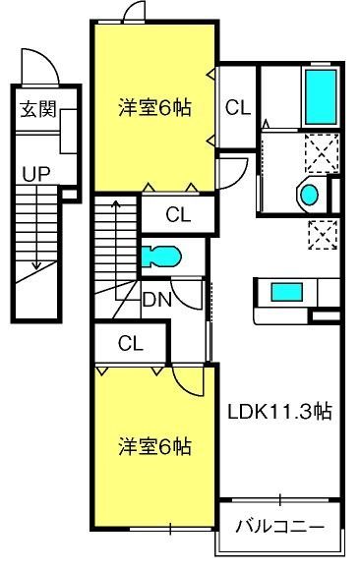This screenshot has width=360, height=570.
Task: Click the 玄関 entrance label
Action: point(38,109)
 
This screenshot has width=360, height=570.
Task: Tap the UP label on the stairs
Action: point(36,174)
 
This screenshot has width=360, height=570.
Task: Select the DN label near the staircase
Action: point(157,300)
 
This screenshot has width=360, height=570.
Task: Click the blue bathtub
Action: point(321,96)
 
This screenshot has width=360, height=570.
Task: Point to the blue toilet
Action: point(161,256)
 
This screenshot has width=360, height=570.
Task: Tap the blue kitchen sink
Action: point(286,292)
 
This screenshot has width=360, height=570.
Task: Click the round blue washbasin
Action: point(310,195)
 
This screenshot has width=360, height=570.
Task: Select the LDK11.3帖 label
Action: point(279,412)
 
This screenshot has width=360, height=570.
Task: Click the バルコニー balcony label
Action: point(279,526)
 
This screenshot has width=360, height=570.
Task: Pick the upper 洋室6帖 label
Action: point(154,107)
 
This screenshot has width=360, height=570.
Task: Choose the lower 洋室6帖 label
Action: point(154,447)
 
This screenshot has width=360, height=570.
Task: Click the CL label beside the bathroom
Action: point(238,107)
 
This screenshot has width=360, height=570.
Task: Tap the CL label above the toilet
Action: point(178,214)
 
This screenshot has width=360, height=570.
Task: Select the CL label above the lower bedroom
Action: point(131,343)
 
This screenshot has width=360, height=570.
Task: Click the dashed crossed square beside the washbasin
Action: point(322,152)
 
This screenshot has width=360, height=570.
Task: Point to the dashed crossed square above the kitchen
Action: point(323,235)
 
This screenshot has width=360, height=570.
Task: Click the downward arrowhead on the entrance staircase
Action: point(36,265)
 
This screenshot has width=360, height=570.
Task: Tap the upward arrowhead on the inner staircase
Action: point(116,203)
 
